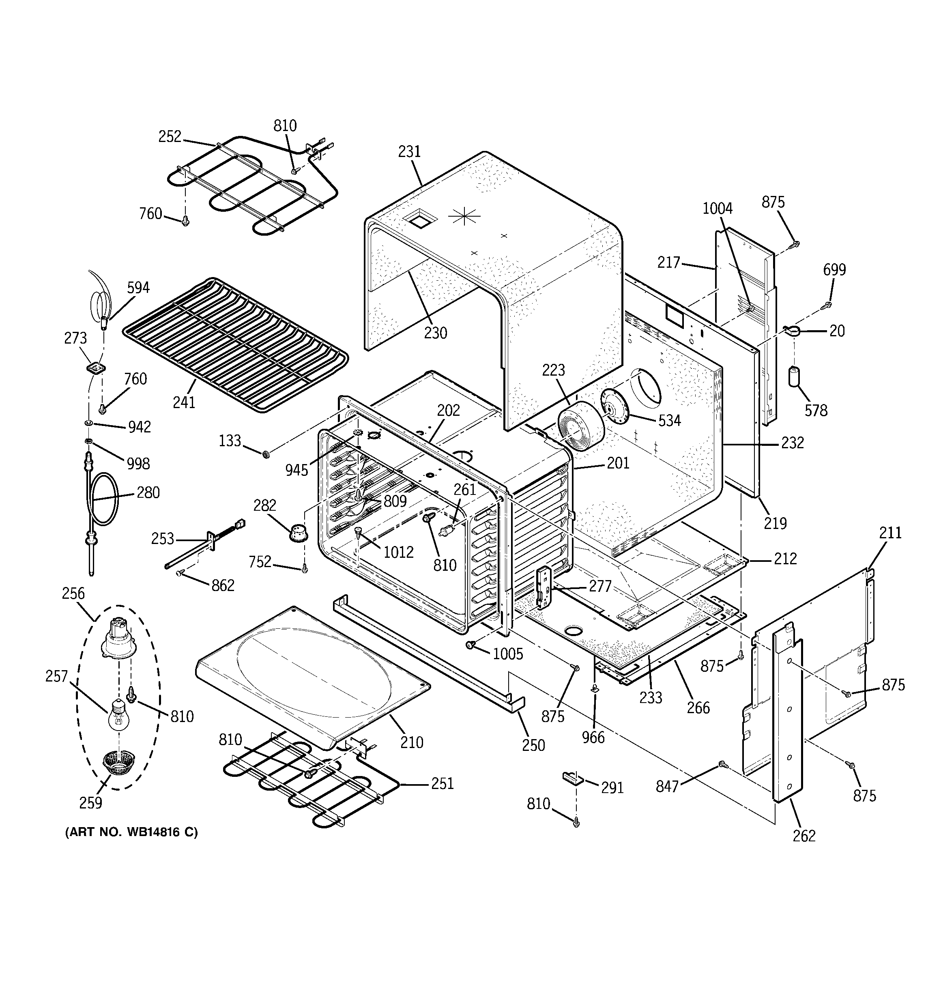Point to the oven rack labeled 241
[x=235, y=344]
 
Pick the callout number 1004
[x=717, y=208]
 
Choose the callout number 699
[x=834, y=270]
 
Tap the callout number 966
[x=593, y=737]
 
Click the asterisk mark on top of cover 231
[x=464, y=216]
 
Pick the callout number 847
[x=667, y=786]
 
